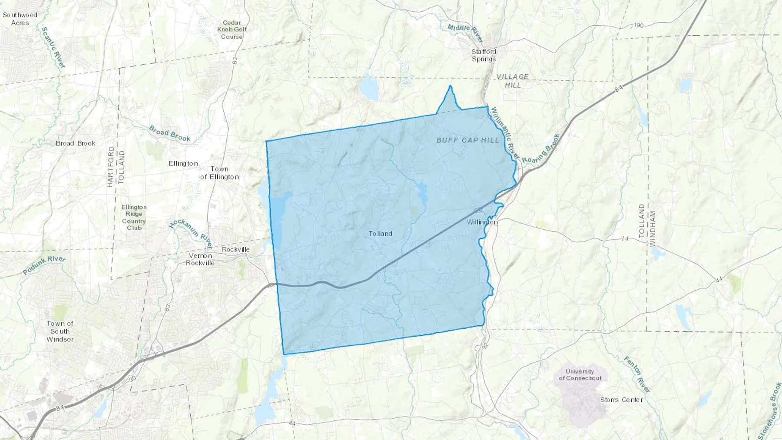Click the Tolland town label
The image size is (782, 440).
381,234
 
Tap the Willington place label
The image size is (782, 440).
482,222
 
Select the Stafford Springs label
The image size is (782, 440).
484,55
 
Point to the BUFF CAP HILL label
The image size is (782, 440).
467,140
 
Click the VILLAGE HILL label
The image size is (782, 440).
513,81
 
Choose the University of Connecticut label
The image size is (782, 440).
580,375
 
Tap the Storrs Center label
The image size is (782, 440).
621,400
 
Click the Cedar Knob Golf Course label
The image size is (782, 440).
232,30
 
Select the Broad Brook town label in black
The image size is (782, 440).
76,143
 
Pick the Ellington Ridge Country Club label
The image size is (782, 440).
134,218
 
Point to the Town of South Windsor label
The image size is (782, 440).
60,331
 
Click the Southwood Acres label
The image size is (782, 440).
20,19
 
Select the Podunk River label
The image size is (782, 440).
44,265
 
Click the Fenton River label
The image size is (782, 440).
637,374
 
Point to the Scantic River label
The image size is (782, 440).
53,47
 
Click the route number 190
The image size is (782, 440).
638,25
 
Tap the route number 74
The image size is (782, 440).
625,239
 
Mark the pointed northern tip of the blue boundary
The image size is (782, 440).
450,86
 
